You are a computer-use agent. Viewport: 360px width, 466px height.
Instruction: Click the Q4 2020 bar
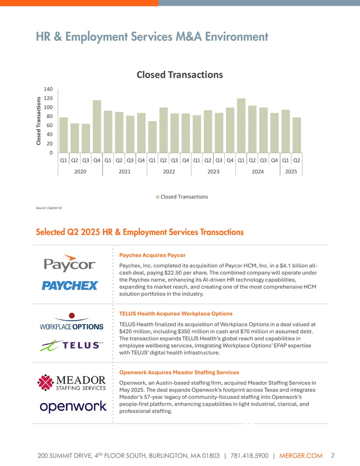tap(97, 127)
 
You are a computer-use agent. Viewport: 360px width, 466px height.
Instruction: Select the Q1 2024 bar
tap(241, 126)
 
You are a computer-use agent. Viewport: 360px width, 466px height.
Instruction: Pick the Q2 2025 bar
tap(297, 135)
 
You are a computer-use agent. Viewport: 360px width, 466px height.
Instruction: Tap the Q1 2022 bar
tap(153, 137)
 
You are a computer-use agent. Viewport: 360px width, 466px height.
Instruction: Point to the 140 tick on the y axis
tap(48, 89)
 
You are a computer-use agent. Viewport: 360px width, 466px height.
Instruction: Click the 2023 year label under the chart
tap(213, 172)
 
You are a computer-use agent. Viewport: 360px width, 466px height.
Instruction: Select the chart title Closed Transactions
tap(180, 75)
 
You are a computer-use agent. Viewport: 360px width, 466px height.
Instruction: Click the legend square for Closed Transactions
tap(157, 197)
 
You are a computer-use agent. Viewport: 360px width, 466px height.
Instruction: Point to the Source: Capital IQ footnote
tap(49, 208)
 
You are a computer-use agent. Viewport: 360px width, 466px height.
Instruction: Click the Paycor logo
tap(70, 263)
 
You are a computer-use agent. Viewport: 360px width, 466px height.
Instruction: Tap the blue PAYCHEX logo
tap(70, 285)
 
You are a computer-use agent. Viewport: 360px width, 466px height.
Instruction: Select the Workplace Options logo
tap(72, 321)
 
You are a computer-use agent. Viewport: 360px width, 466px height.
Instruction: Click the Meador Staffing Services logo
tap(72, 383)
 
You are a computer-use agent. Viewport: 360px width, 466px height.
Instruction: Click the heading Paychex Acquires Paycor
tap(153, 255)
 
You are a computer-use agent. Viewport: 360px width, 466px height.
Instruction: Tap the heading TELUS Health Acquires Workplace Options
tap(176, 313)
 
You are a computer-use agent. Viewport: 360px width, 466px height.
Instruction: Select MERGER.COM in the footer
tap(301, 456)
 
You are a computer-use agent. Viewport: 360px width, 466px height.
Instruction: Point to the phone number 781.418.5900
tap(249, 456)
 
